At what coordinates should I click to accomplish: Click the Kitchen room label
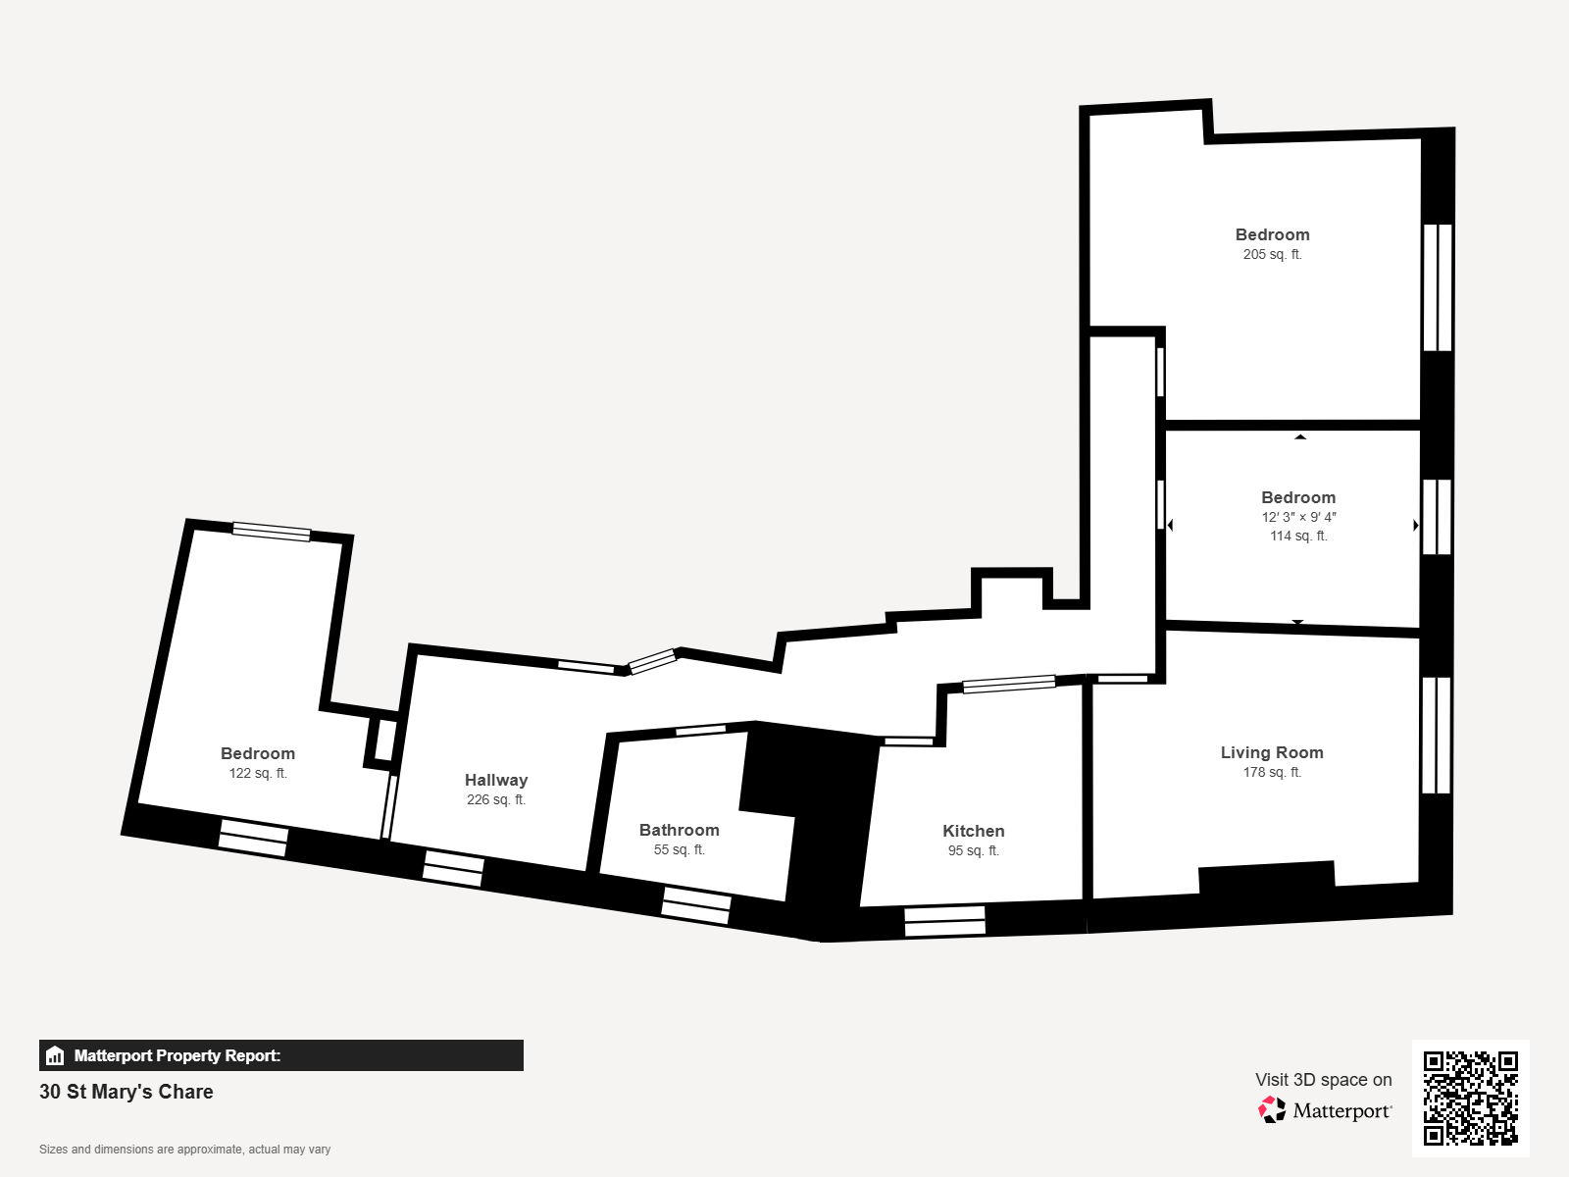click(x=973, y=831)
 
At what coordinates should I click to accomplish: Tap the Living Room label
click(x=1272, y=752)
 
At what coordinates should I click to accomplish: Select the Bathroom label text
click(x=679, y=830)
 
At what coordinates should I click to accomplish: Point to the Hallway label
click(x=496, y=781)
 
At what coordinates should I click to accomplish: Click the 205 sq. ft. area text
click(x=1272, y=254)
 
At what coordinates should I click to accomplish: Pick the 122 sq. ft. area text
click(x=258, y=773)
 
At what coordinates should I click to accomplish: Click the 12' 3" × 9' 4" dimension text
click(x=1298, y=517)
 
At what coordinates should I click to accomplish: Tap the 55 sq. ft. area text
click(x=679, y=849)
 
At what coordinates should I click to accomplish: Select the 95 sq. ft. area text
click(x=973, y=850)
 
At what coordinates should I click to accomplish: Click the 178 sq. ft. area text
click(x=1272, y=773)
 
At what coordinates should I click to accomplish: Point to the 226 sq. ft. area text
click(x=496, y=799)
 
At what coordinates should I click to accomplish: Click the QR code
click(x=1470, y=1098)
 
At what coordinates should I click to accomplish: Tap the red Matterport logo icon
click(x=1272, y=1110)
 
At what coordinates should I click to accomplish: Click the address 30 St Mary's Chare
click(x=126, y=1092)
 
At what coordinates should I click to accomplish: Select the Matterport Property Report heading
click(x=177, y=1055)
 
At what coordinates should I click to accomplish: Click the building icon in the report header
click(x=55, y=1055)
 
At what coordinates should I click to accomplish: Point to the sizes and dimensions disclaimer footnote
click(x=184, y=1150)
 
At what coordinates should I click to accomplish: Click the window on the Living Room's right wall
click(x=1436, y=736)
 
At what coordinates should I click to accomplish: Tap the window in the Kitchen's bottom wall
click(x=945, y=921)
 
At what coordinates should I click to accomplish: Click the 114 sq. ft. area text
click(x=1298, y=536)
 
